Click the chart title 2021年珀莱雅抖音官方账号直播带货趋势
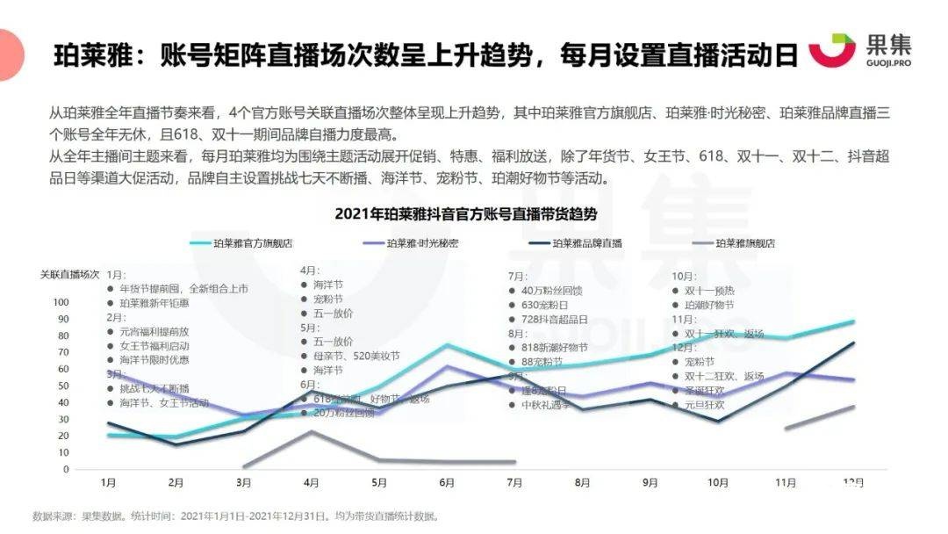pyautogui.click(x=465, y=213)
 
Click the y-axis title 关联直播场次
pyautogui.click(x=69, y=274)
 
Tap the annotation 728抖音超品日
pyautogui.click(x=560, y=319)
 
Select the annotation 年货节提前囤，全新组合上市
pyautogui.click(x=183, y=288)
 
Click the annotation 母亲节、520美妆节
pyautogui.click(x=355, y=357)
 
